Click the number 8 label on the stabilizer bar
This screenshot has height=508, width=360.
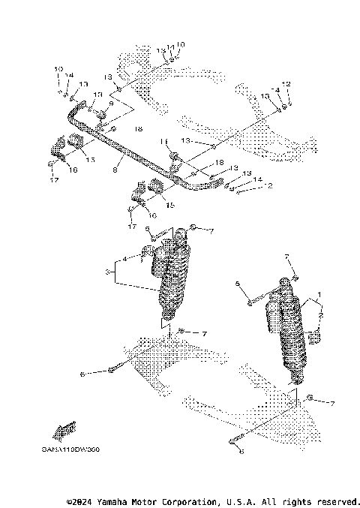point(115,170)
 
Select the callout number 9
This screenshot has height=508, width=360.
point(111,103)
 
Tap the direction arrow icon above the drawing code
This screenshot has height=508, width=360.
point(66,430)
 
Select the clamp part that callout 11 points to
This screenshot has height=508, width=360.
point(175,157)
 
